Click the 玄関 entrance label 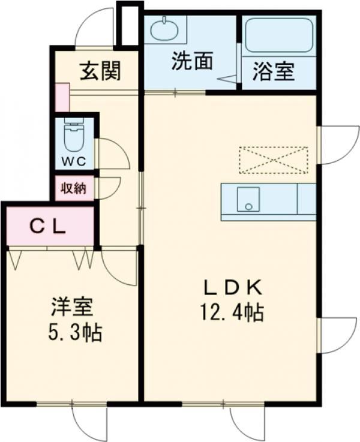(x=100, y=72)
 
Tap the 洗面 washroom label (x=191, y=62)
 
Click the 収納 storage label (x=74, y=188)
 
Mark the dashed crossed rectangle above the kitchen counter (x=273, y=160)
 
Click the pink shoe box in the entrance (x=62, y=98)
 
